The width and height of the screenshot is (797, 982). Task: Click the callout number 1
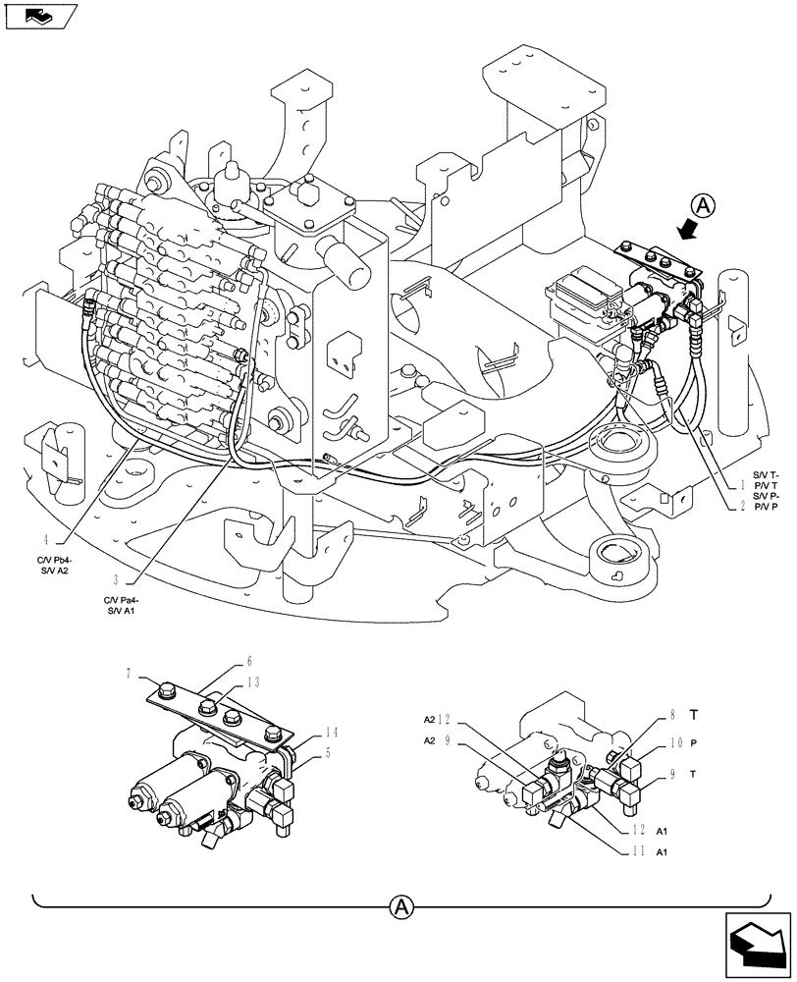744,484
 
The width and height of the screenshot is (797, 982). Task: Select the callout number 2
744,507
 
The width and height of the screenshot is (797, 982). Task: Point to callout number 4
46,539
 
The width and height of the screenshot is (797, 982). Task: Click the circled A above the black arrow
703,206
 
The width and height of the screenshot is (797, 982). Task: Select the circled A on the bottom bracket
398,906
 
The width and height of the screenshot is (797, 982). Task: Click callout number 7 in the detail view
130,673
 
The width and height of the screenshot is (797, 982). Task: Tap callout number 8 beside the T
673,715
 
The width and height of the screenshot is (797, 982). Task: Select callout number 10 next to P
674,743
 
